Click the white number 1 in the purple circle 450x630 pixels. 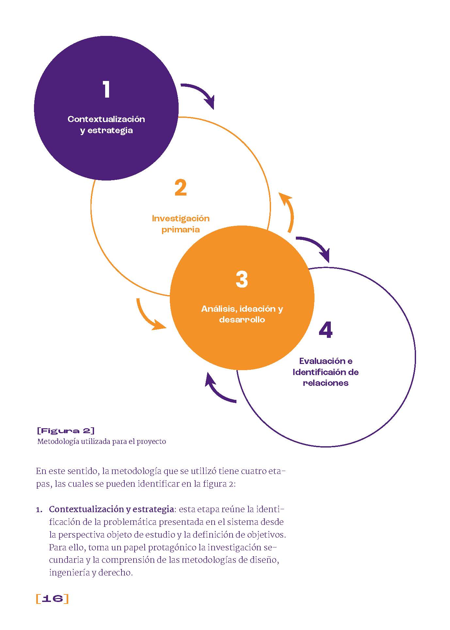coord(106,89)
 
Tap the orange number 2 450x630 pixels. coord(181,188)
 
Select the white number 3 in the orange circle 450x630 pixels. coord(242,279)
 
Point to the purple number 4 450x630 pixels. coord(326,330)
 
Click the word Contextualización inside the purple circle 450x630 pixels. coord(106,119)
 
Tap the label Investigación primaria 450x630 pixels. coord(181,224)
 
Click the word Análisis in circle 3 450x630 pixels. coord(217,309)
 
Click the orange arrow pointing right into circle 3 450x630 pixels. coord(149,317)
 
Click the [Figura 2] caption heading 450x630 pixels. coord(66,431)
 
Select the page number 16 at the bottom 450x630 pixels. coord(53,598)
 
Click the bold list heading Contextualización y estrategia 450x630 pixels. coord(111,509)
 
